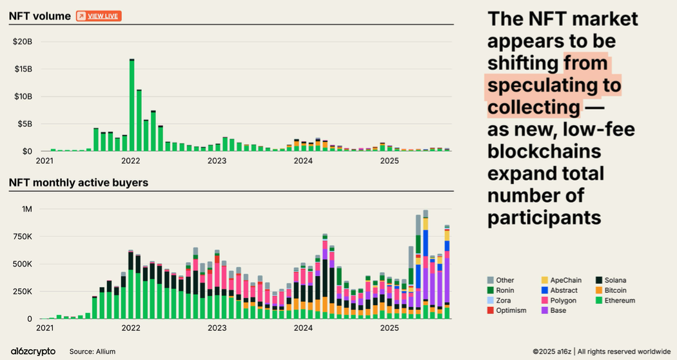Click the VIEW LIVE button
[x=99, y=16]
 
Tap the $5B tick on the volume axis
[x=25, y=124]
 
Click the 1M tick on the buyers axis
[x=26, y=209]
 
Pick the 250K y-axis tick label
[x=21, y=292]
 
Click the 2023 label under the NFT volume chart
[x=217, y=161]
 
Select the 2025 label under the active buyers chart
[x=389, y=328]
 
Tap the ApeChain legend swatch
[x=544, y=280]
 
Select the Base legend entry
[x=555, y=310]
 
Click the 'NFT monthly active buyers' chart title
[x=79, y=183]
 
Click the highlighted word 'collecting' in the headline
[x=534, y=106]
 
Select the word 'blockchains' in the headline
[x=544, y=152]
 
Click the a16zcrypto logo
[x=32, y=351]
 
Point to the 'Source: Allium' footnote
[x=92, y=352]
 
